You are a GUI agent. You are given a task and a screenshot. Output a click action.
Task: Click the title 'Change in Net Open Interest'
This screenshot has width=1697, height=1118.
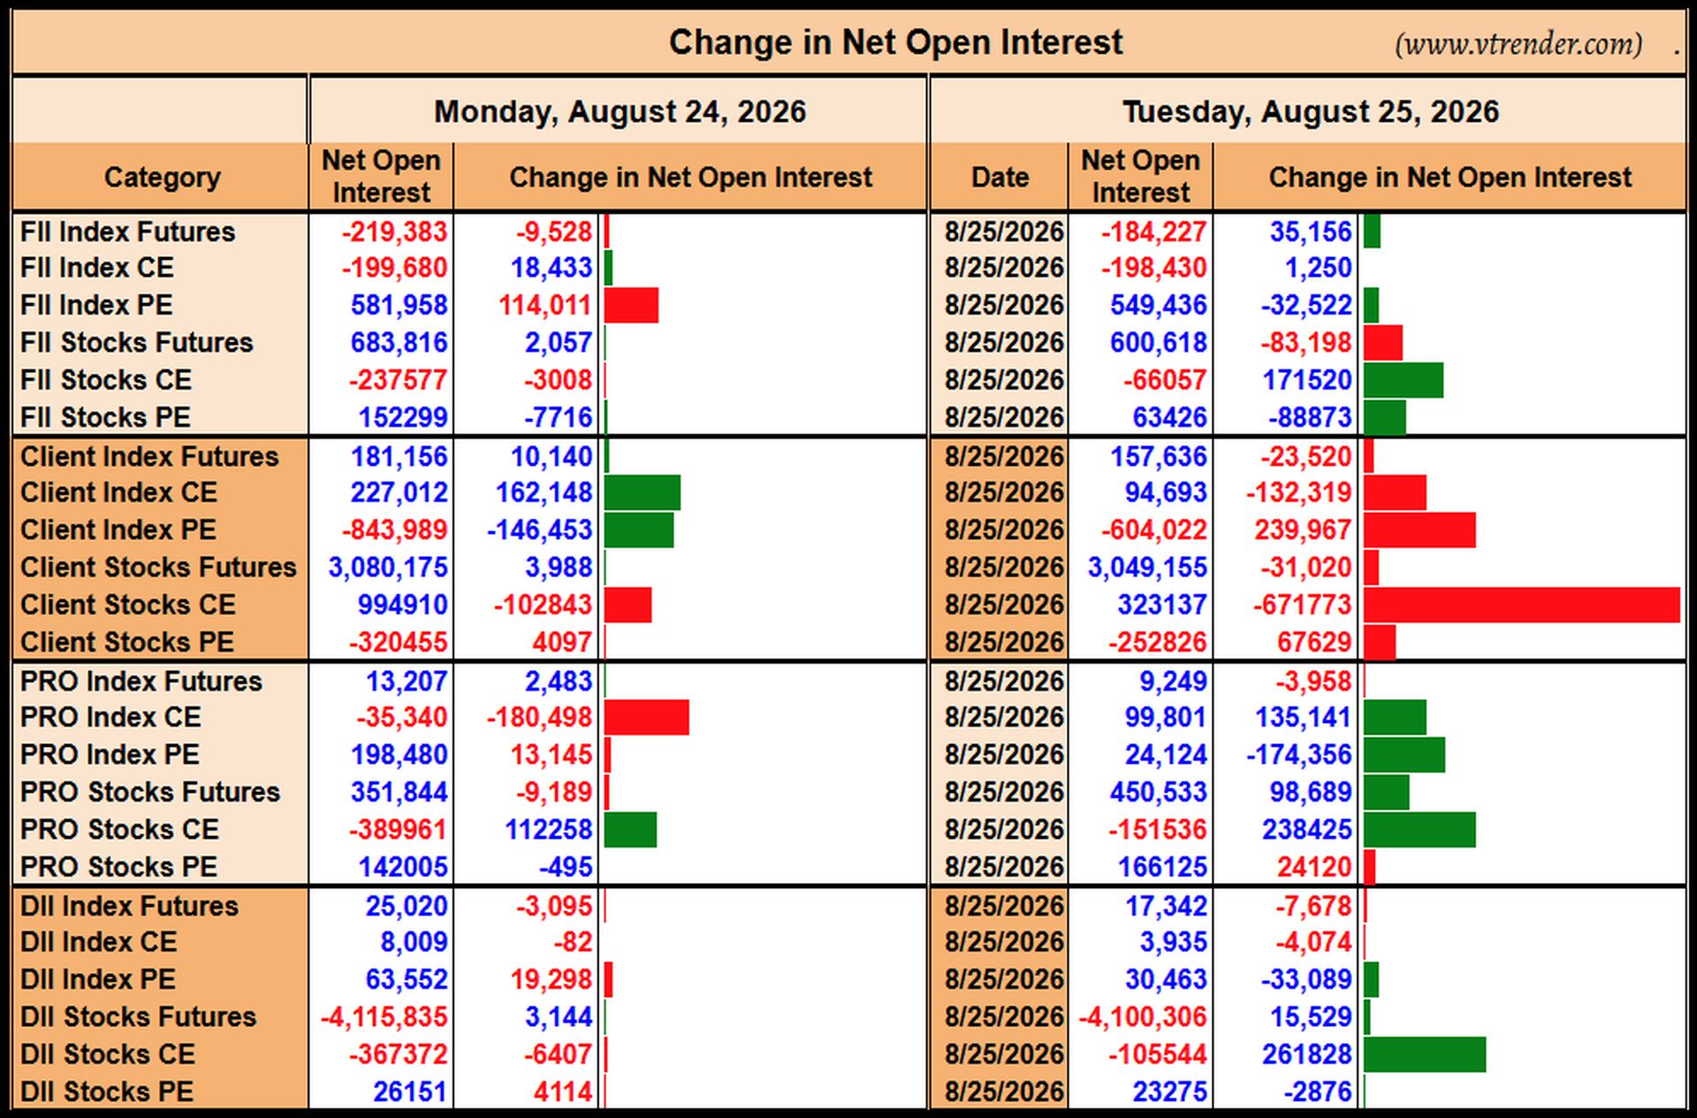895,42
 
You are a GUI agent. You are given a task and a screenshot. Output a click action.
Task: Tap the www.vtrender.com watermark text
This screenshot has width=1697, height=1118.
1518,43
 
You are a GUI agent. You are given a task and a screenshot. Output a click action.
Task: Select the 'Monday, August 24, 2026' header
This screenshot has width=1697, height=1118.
620,111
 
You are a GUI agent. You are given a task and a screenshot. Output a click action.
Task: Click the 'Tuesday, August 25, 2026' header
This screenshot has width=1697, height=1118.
1311,111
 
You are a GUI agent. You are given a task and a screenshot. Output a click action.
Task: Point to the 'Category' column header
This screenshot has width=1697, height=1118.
162,177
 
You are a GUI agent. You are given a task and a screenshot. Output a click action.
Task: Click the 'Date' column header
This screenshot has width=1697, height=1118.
1000,177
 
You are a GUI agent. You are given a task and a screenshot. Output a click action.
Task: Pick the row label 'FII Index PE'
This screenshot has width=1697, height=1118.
96,305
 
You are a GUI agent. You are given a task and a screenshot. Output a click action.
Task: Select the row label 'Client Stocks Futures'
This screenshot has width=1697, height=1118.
158,567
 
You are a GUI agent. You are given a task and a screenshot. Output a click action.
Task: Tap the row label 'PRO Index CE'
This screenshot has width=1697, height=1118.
110,717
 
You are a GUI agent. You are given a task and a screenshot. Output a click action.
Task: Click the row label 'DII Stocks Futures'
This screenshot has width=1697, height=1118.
138,1016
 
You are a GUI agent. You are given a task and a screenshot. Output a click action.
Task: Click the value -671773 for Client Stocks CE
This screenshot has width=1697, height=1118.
1302,605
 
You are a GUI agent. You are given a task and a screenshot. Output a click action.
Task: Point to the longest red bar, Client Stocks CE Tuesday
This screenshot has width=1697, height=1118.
1521,605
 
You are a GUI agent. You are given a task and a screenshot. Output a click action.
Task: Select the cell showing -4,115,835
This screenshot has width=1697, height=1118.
384,1016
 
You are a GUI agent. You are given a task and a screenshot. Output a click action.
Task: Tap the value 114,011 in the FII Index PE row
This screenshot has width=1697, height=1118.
544,305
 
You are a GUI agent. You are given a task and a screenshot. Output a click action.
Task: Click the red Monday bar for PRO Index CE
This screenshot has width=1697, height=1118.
647,717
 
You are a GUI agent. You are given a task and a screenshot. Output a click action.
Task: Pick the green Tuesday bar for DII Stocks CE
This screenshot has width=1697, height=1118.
1425,1054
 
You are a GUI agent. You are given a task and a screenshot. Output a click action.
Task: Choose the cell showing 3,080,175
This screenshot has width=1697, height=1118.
388,567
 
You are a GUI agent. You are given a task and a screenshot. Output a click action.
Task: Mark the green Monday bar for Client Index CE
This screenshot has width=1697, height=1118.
643,492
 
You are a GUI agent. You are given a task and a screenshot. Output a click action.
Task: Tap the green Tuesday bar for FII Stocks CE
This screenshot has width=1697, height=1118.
1404,380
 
